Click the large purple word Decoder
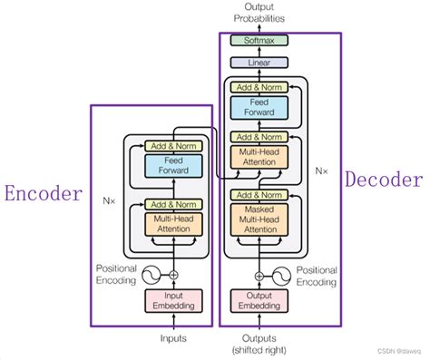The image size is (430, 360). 386,180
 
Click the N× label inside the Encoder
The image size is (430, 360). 110,193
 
